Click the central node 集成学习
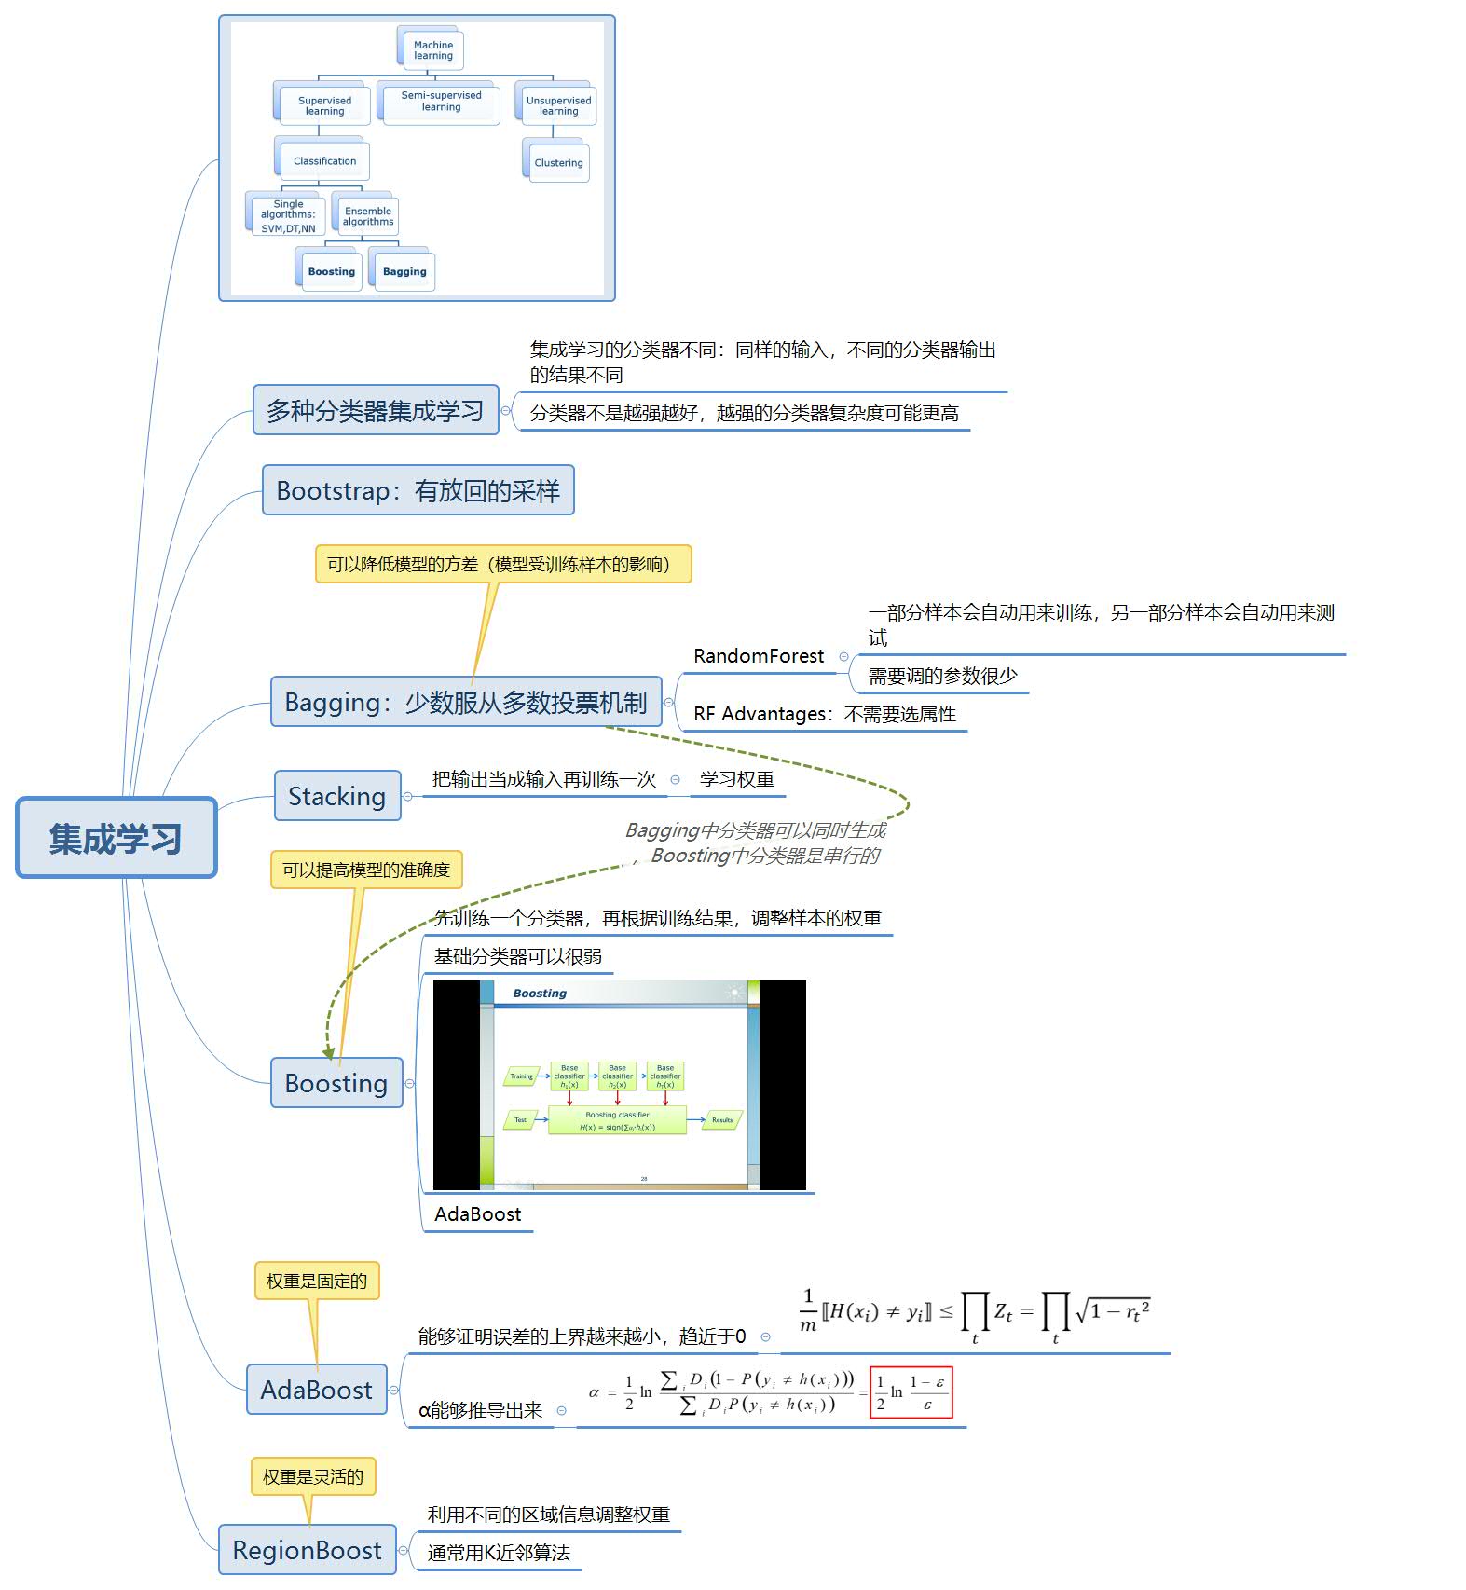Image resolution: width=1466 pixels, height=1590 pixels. click(x=116, y=838)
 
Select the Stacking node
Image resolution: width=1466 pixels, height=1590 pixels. click(x=337, y=796)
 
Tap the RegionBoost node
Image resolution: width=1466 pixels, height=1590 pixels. click(x=307, y=1550)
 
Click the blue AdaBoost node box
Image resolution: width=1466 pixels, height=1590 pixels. click(x=316, y=1390)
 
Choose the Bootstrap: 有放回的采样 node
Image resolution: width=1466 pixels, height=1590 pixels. click(x=418, y=490)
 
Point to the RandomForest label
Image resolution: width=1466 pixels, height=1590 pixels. click(x=759, y=656)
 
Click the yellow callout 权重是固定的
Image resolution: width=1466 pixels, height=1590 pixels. click(x=317, y=1281)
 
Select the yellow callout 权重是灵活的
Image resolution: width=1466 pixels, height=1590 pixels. click(x=313, y=1476)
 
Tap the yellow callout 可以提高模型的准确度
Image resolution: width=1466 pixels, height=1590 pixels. click(x=366, y=870)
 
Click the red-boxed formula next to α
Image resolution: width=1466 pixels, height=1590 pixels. click(x=911, y=1392)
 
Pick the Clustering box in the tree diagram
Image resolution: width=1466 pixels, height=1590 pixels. click(x=558, y=163)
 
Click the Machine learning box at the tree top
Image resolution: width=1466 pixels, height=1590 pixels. click(x=433, y=50)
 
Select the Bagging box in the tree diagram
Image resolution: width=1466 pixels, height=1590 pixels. click(x=404, y=272)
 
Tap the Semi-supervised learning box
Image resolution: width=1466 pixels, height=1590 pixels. click(x=441, y=102)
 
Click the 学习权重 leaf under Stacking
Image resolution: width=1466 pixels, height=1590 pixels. click(x=737, y=779)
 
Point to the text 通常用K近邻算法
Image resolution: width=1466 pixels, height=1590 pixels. click(x=499, y=1553)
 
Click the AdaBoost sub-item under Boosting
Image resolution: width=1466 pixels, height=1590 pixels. click(x=477, y=1214)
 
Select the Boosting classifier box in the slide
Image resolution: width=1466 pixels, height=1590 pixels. click(x=617, y=1120)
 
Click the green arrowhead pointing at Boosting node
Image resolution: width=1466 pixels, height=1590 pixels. click(x=329, y=1053)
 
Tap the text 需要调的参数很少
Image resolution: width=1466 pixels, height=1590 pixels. click(x=942, y=677)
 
